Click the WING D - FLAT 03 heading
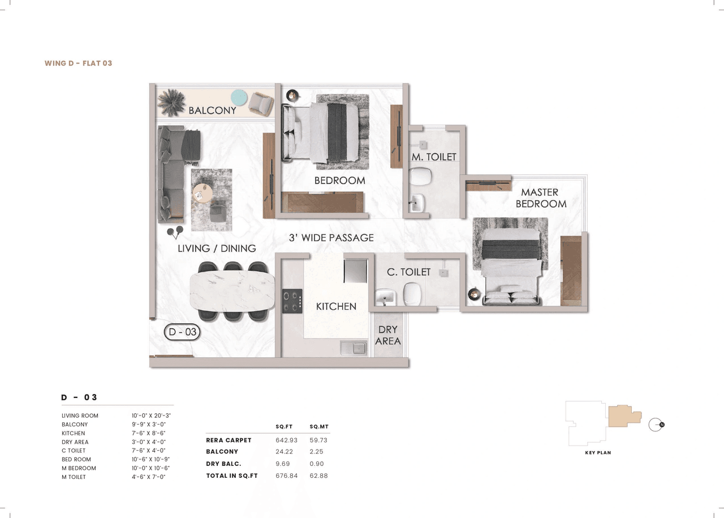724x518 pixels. click(78, 63)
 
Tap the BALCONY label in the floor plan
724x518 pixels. click(212, 110)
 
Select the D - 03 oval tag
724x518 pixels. click(182, 332)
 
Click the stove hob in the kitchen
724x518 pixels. click(292, 300)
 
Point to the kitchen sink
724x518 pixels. click(352, 348)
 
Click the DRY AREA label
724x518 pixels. click(388, 335)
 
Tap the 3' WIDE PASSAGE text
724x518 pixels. click(331, 238)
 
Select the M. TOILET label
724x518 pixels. click(434, 157)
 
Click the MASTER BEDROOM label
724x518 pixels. click(540, 198)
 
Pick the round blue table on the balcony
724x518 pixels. click(239, 98)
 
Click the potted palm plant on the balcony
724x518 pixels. click(171, 102)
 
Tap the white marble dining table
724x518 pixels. click(232, 291)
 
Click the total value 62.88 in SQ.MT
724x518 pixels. click(318, 476)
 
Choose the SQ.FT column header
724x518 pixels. click(283, 426)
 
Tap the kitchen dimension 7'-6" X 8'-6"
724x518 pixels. click(148, 433)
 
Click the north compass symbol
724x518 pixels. click(656, 425)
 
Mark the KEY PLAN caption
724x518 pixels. click(598, 453)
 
